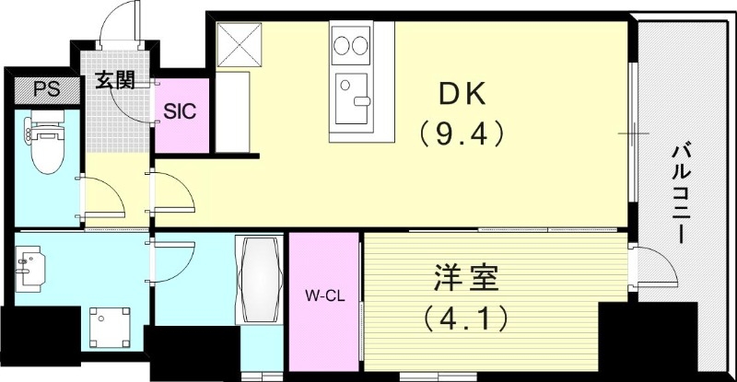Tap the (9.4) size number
click(x=462, y=134)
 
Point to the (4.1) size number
click(x=466, y=319)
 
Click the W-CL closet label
click(x=323, y=296)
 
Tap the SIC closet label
click(x=179, y=112)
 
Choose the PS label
click(x=42, y=90)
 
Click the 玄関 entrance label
click(x=114, y=80)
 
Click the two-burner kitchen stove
click(x=349, y=44)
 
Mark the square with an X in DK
click(x=240, y=42)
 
